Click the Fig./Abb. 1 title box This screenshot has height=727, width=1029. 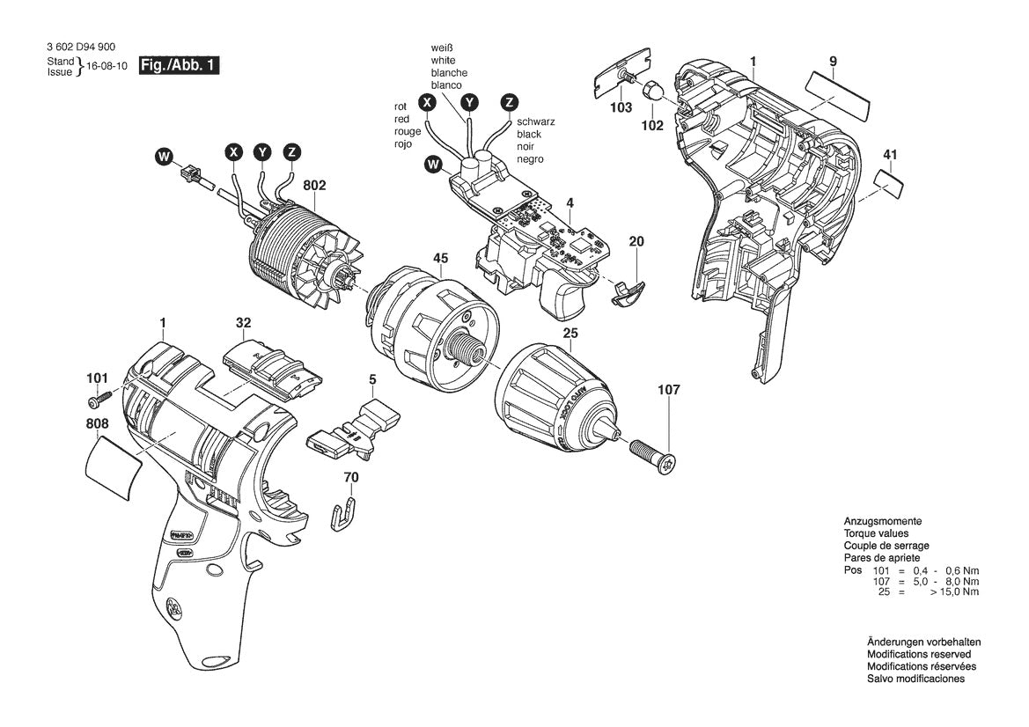pyautogui.click(x=179, y=66)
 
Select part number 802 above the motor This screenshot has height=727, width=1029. pyautogui.click(x=314, y=186)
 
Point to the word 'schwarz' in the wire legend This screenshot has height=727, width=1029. pyautogui.click(x=536, y=121)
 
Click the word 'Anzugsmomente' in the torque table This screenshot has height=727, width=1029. pyautogui.click(x=882, y=521)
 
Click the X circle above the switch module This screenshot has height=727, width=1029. pyautogui.click(x=428, y=102)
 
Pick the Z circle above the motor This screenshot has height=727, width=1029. pyautogui.click(x=291, y=152)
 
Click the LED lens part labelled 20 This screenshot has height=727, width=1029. pyautogui.click(x=627, y=292)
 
